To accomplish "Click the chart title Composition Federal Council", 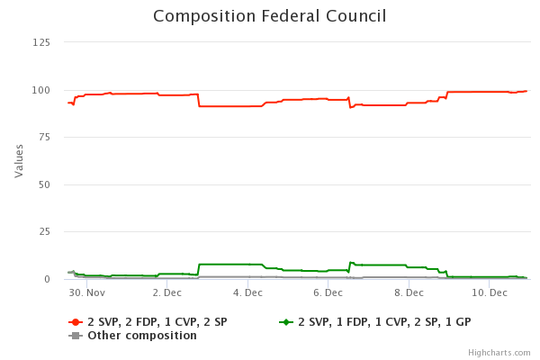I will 269,16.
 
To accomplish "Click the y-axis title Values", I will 19,160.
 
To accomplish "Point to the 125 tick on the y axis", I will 41,42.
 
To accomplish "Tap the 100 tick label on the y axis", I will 41,90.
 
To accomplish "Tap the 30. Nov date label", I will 87,293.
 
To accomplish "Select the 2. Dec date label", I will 167,293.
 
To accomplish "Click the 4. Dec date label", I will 247,293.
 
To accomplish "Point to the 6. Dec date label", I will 328,293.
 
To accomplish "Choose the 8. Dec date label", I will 408,293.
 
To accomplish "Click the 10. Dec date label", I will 488,293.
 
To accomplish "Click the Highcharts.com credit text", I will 499,353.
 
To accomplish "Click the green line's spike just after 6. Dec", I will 350,262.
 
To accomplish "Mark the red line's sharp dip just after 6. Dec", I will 350,107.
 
